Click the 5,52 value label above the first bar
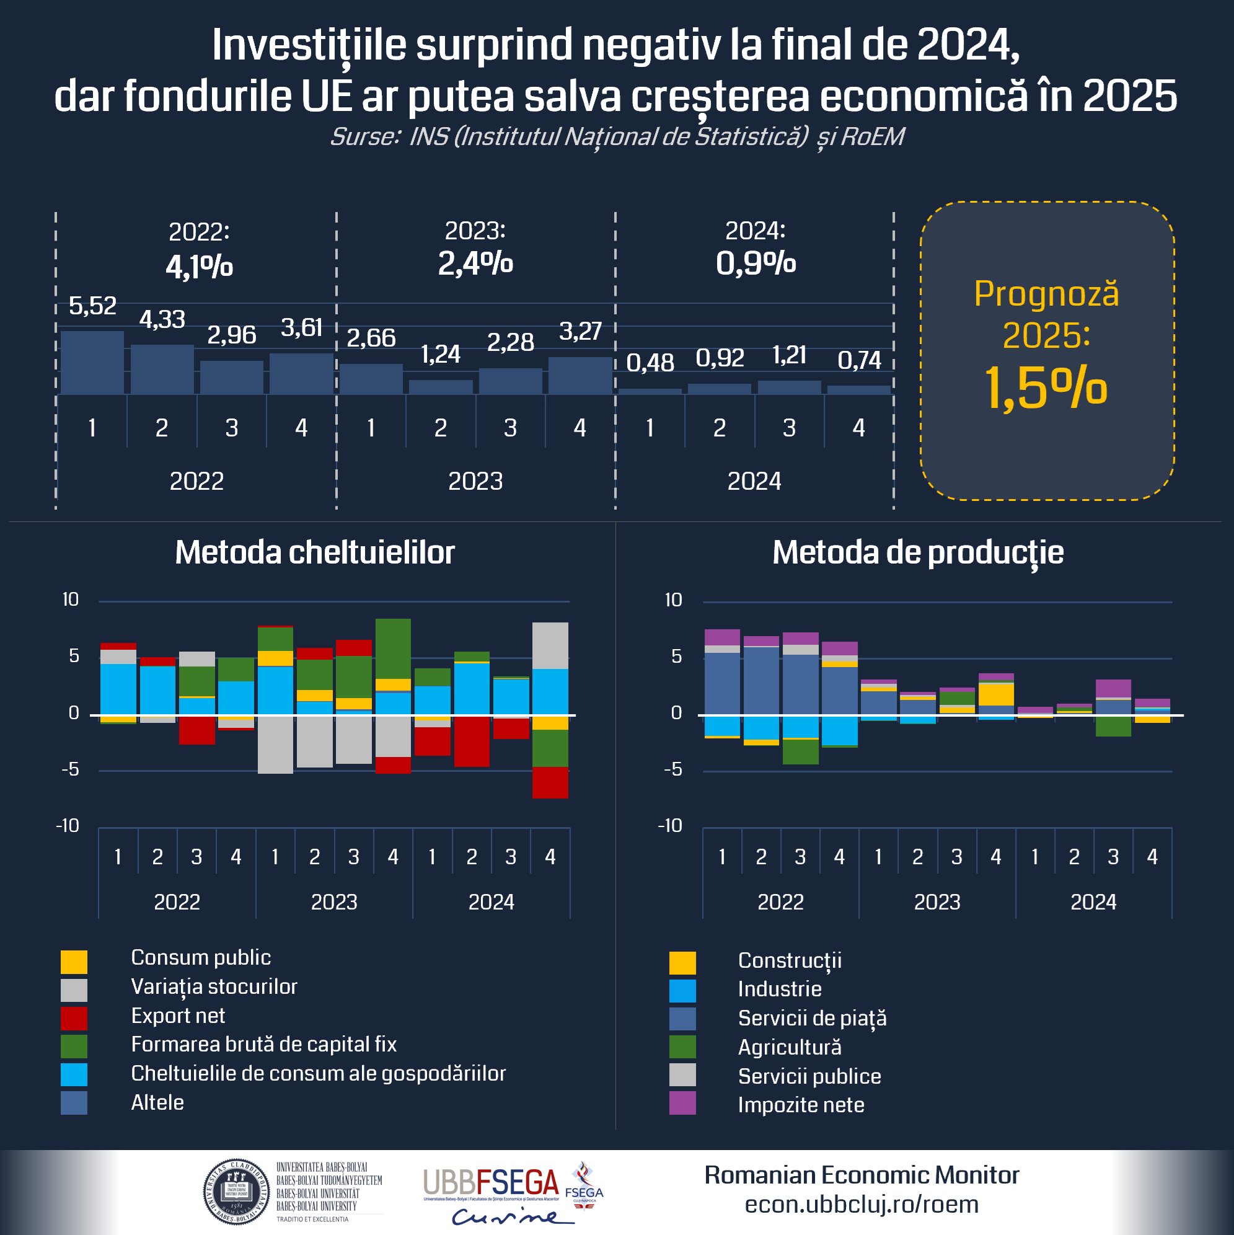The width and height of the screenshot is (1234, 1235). pyautogui.click(x=93, y=306)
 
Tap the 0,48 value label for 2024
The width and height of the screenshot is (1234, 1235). pyautogui.click(x=650, y=363)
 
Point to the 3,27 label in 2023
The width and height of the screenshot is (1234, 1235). pyautogui.click(x=580, y=331)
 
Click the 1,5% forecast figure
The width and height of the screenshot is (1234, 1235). pyautogui.click(x=1046, y=388)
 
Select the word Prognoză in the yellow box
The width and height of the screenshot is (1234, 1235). pyautogui.click(x=1046, y=294)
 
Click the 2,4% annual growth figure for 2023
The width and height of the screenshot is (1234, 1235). pyautogui.click(x=475, y=263)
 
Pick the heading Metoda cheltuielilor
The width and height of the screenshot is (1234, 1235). pyautogui.click(x=314, y=552)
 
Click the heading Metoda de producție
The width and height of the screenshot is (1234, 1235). pyautogui.click(x=918, y=552)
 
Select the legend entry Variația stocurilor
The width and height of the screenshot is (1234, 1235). pyautogui.click(x=214, y=986)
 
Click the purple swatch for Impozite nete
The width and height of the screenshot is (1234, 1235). pyautogui.click(x=682, y=1104)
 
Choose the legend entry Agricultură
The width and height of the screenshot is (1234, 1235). pyautogui.click(x=789, y=1047)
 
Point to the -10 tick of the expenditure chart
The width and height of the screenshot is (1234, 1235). pyautogui.click(x=68, y=826)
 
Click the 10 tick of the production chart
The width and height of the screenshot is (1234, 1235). pyautogui.click(x=673, y=600)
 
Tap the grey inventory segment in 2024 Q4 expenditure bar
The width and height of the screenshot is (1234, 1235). pyautogui.click(x=550, y=645)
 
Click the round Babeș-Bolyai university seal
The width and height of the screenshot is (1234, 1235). pyautogui.click(x=236, y=1192)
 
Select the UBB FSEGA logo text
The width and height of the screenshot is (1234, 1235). pyautogui.click(x=491, y=1183)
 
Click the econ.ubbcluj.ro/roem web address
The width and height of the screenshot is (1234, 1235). pyautogui.click(x=862, y=1205)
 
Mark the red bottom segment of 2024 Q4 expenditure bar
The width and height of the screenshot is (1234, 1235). pyautogui.click(x=550, y=782)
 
